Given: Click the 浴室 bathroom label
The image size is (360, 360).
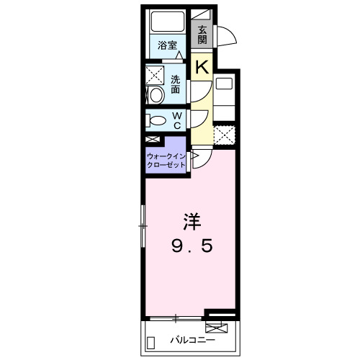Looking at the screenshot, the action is [167, 45].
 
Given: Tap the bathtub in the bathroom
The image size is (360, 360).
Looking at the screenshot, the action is [168, 22].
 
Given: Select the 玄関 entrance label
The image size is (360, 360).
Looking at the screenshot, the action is [202, 35].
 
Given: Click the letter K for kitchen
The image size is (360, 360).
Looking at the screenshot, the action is [202, 68].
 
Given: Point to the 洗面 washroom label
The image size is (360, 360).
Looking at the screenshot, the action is [175, 84].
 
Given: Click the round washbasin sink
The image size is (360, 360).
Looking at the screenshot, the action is [156, 95].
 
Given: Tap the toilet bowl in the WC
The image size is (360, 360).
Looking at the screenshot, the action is [158, 120].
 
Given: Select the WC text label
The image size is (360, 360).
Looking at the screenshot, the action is [177, 120].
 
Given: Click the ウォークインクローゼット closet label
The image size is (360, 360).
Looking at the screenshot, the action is [166, 161].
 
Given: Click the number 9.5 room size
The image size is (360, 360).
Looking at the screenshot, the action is [192, 246].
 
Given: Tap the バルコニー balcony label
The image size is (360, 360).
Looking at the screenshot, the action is [193, 340].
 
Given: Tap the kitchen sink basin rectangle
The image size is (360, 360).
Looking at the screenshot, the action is [224, 84].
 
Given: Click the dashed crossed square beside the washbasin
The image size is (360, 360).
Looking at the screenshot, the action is [155, 75].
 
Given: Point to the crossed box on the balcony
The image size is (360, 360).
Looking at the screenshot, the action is [217, 328].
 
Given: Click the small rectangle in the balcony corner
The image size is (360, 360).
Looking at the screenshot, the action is [150, 343].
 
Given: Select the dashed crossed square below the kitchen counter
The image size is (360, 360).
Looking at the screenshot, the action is [224, 135].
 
